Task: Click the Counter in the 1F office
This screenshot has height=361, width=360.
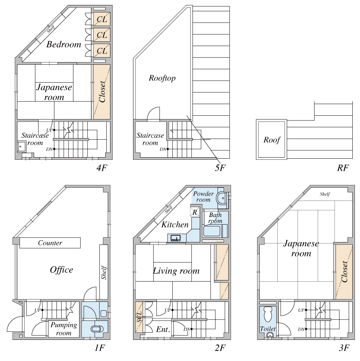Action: pyautogui.click(x=50, y=243)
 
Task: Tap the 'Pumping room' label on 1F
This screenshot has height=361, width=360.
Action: pyautogui.click(x=64, y=329)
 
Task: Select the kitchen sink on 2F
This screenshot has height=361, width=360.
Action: pyautogui.click(x=175, y=238)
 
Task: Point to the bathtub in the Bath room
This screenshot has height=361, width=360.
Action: pyautogui.click(x=212, y=231)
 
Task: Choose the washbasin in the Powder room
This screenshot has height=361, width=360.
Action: pyautogui.click(x=222, y=198)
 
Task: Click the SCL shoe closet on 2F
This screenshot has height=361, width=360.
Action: pyautogui.click(x=139, y=317)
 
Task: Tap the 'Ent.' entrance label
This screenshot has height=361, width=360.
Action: pyautogui.click(x=163, y=329)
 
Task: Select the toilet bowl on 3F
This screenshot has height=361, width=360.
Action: pyautogui.click(x=268, y=314)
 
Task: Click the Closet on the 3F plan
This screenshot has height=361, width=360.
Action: pyautogui.click(x=344, y=272)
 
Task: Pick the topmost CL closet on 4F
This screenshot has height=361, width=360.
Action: pyautogui.click(x=102, y=19)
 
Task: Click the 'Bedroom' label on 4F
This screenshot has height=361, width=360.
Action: pyautogui.click(x=64, y=44)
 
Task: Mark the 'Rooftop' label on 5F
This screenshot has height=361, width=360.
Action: pyautogui.click(x=162, y=78)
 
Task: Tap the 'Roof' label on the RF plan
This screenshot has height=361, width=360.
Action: pyautogui.click(x=272, y=140)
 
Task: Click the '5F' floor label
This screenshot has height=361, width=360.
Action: pyautogui.click(x=220, y=168)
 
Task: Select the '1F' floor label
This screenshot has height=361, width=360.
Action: pyautogui.click(x=100, y=348)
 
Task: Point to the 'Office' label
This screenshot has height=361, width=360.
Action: pyautogui.click(x=62, y=270)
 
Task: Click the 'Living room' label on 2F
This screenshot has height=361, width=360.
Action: pyautogui.click(x=176, y=271)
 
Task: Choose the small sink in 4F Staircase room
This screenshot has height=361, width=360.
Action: pyautogui.click(x=21, y=146)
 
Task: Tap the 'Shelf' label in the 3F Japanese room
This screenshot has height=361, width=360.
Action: pyautogui.click(x=325, y=194)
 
